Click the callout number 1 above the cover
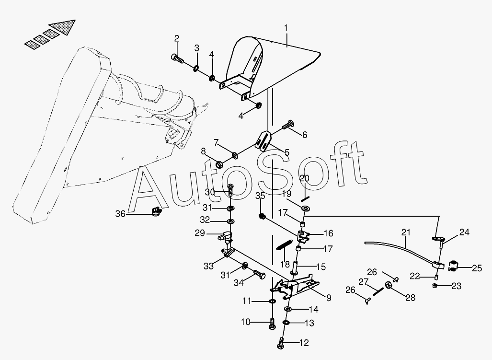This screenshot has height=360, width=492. click(286, 28)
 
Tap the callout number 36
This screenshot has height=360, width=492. click(121, 214)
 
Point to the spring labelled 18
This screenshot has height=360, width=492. click(285, 244)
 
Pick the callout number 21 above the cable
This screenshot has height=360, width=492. click(406, 232)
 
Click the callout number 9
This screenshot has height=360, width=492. click(329, 298)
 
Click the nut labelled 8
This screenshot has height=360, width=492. click(219, 163)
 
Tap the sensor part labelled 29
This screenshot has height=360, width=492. click(225, 236)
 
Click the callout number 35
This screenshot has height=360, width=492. click(260, 196)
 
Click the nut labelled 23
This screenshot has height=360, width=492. click(435, 286)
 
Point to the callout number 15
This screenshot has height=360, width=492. click(321, 267)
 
